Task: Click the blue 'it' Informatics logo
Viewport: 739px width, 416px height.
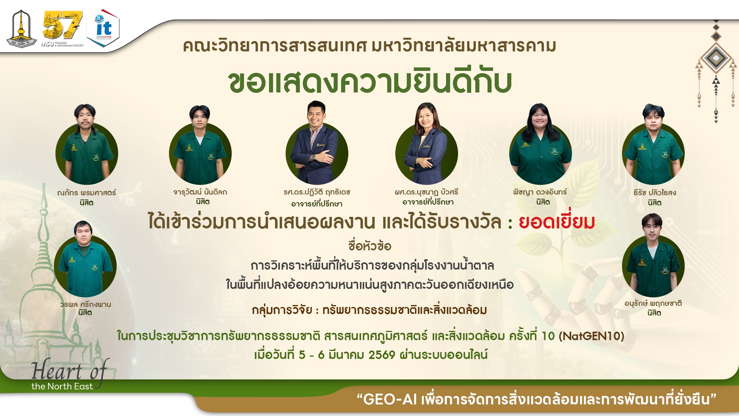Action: pyautogui.click(x=103, y=28)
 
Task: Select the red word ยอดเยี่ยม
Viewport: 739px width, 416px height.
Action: pyautogui.click(x=557, y=222)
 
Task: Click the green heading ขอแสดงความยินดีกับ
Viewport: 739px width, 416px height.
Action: pyautogui.click(x=369, y=82)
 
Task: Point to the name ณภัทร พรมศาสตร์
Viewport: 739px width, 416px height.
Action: pyautogui.click(x=86, y=193)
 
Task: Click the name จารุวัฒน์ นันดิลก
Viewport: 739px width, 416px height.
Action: pyautogui.click(x=200, y=192)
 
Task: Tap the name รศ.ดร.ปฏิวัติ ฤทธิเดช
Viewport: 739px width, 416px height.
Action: pyautogui.click(x=317, y=192)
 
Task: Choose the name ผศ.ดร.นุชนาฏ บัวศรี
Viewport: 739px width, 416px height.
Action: pyautogui.click(x=426, y=192)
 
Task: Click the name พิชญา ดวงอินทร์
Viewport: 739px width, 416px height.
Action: pyautogui.click(x=540, y=192)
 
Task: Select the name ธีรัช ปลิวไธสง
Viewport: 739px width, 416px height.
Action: pyautogui.click(x=654, y=193)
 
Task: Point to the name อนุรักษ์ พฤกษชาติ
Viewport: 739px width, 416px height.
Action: pyautogui.click(x=653, y=304)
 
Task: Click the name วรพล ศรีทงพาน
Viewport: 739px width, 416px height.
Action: pyautogui.click(x=85, y=304)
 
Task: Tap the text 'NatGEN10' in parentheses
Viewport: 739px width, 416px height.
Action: pyautogui.click(x=591, y=336)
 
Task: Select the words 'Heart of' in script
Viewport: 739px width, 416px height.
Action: pyautogui.click(x=69, y=371)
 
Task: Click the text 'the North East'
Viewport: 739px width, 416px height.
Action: pyautogui.click(x=62, y=386)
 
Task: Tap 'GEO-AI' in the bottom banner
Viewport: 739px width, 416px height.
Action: pyautogui.click(x=390, y=399)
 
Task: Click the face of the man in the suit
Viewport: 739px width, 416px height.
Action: pyautogui.click(x=316, y=114)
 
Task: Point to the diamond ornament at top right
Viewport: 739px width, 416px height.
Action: pyautogui.click(x=716, y=58)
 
